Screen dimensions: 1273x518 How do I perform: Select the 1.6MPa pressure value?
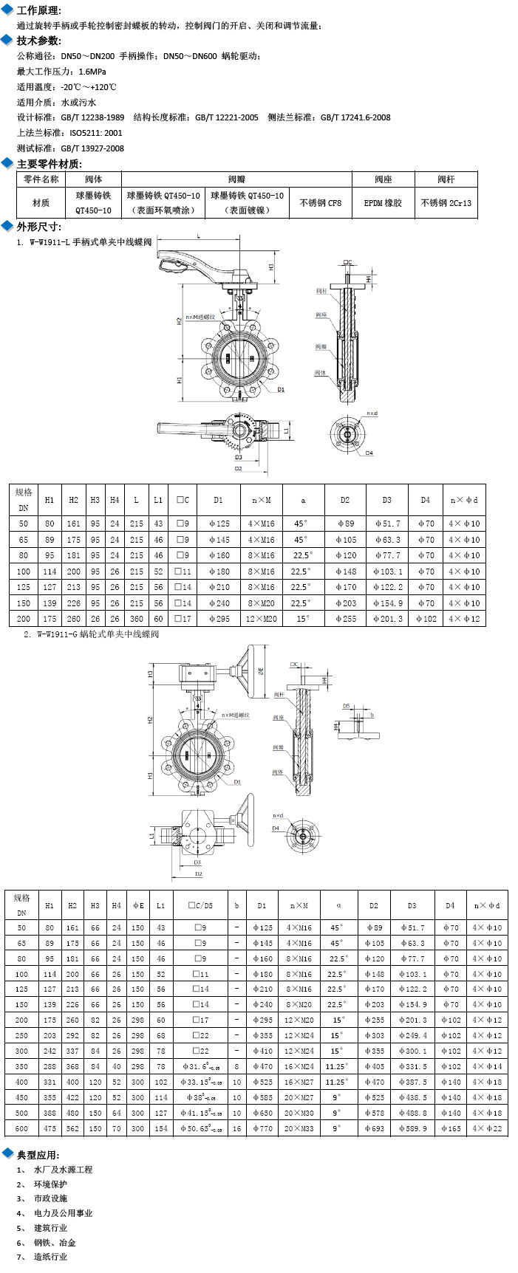click(x=92, y=72)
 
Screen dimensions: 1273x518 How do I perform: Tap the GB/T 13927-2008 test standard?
click(x=92, y=148)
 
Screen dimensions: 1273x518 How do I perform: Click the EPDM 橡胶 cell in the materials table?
click(x=383, y=202)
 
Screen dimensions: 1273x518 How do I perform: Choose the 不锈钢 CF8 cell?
click(x=321, y=202)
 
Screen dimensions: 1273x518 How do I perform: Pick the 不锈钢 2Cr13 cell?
click(x=446, y=202)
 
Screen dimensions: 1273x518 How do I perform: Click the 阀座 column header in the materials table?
click(x=383, y=179)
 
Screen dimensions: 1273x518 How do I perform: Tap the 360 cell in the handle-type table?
click(x=137, y=619)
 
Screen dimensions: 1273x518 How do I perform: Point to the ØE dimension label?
click(x=261, y=672)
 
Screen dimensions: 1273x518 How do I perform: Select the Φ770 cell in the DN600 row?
click(x=261, y=1128)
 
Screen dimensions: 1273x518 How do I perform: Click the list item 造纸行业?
click(x=50, y=1256)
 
